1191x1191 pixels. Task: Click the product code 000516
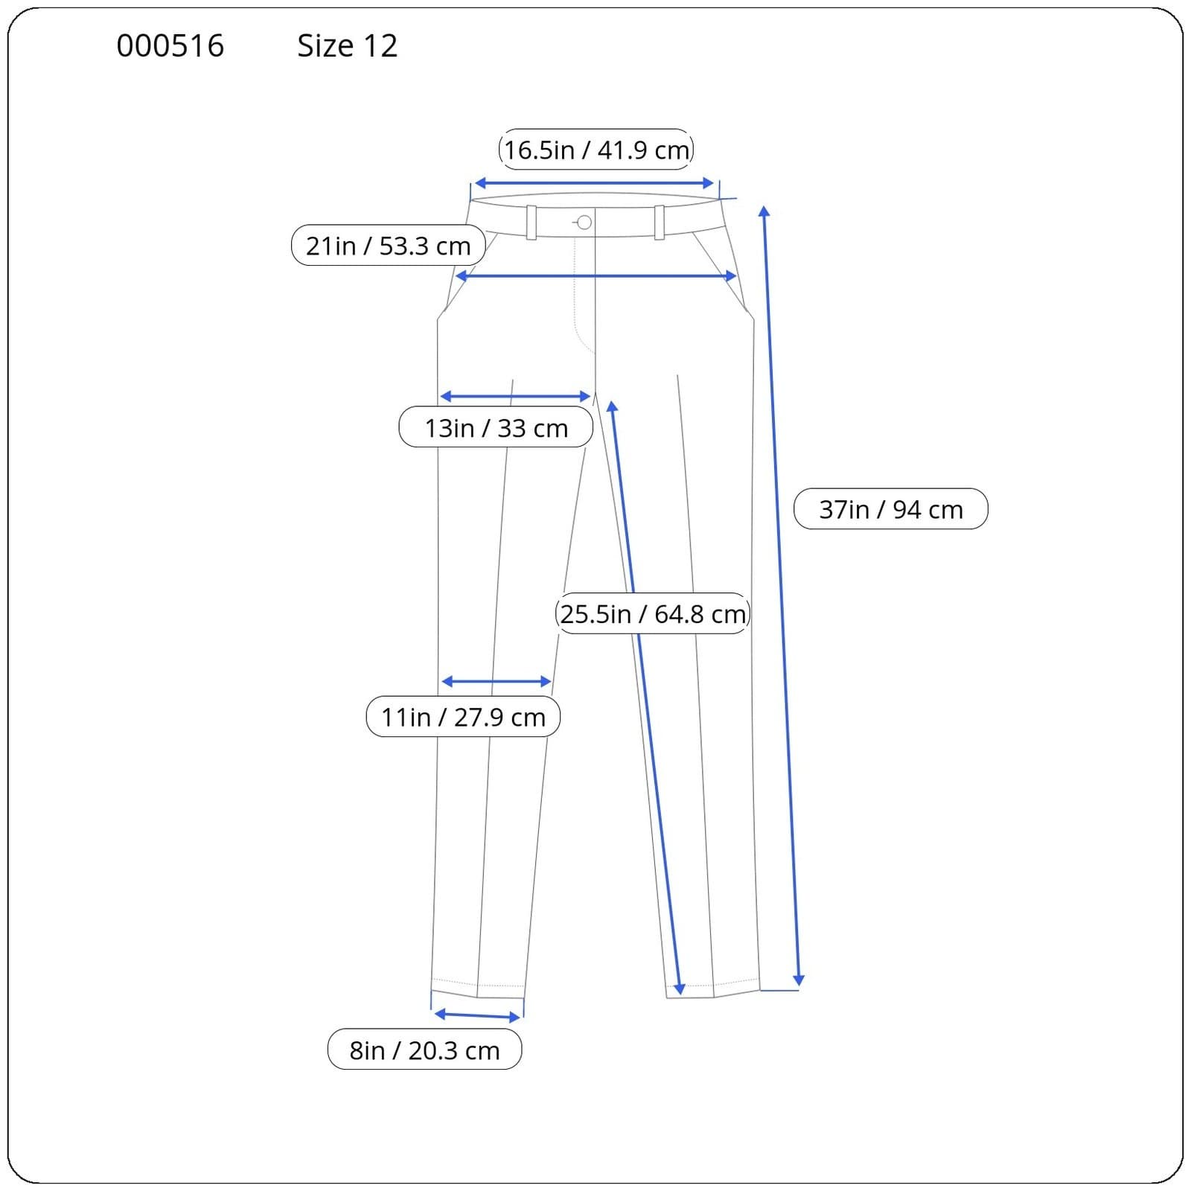170,46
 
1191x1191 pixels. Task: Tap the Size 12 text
347,46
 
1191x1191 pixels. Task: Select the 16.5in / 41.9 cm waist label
596,150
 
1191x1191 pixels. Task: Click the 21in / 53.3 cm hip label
388,245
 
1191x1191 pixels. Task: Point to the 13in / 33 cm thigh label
496,427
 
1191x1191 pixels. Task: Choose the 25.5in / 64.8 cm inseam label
653,613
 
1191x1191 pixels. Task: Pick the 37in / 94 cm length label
891,509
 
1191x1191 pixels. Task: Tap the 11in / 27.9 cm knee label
463,716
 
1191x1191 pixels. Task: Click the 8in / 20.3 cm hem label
424,1050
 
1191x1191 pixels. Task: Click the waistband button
584,222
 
